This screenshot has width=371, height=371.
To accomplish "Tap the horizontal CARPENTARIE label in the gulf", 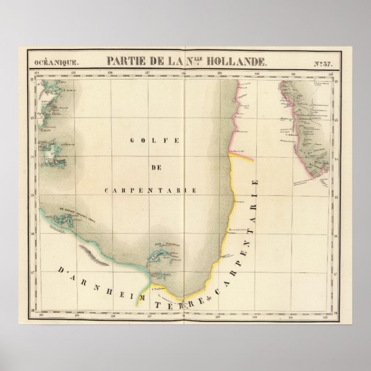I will click(152, 190).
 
